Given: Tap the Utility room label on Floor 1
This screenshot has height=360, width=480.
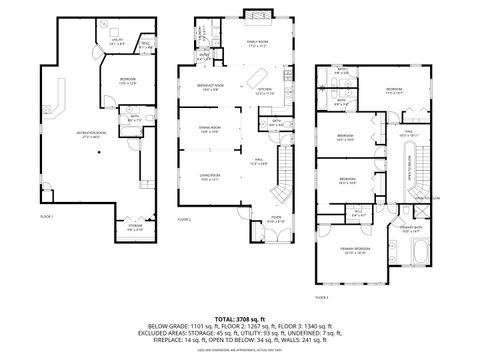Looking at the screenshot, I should [x=116, y=41].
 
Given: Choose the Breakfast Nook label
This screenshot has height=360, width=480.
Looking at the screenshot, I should [x=210, y=89].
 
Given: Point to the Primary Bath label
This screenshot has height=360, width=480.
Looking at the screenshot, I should [x=411, y=229].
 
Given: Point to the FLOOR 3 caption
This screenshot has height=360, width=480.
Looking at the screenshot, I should [x=321, y=297].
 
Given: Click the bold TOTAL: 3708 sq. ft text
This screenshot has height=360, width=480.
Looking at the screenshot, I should [x=240, y=317].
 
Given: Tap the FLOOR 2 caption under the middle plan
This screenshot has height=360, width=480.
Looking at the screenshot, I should [x=183, y=217].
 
